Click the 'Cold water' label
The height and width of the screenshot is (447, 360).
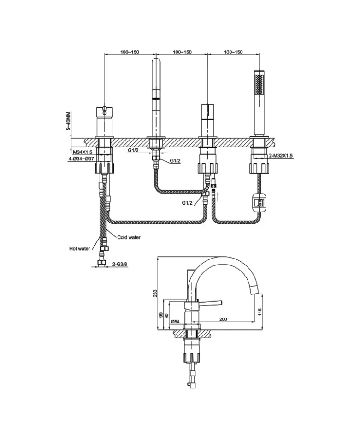point(129,237)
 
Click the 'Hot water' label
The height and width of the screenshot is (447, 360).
point(79,248)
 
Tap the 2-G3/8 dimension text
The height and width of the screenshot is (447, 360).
point(120,265)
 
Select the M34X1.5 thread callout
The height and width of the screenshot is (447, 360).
point(83,151)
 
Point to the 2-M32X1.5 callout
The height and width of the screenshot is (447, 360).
point(281,156)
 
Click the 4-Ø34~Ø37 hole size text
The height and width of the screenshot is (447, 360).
point(82,159)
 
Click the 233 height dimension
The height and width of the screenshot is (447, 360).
point(155,293)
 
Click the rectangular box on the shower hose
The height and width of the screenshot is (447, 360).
point(259,201)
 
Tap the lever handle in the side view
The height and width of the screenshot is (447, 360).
point(210,303)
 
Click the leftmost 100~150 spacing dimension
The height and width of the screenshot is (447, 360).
point(130,53)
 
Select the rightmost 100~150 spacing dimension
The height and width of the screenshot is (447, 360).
point(233,53)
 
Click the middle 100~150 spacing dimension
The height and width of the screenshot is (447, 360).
point(182,53)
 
